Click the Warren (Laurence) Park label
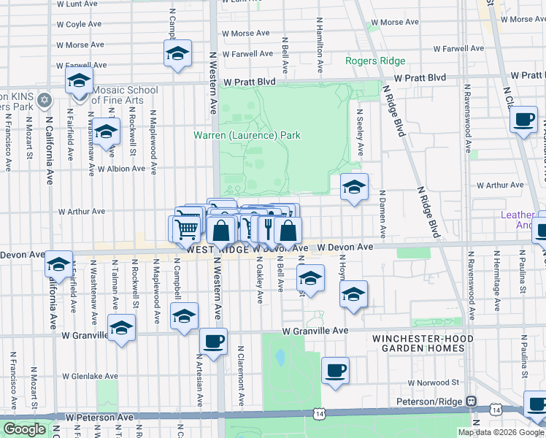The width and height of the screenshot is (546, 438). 247,135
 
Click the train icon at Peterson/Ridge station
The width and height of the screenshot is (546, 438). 472,401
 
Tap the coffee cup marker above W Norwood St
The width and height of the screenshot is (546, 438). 335,370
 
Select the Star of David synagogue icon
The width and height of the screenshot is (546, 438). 44,99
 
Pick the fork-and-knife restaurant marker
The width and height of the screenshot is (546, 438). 268,229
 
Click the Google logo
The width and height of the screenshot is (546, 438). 24,429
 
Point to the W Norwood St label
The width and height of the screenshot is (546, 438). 433,383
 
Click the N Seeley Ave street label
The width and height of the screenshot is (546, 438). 360,133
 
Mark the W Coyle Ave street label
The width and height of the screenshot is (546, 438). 66,24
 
